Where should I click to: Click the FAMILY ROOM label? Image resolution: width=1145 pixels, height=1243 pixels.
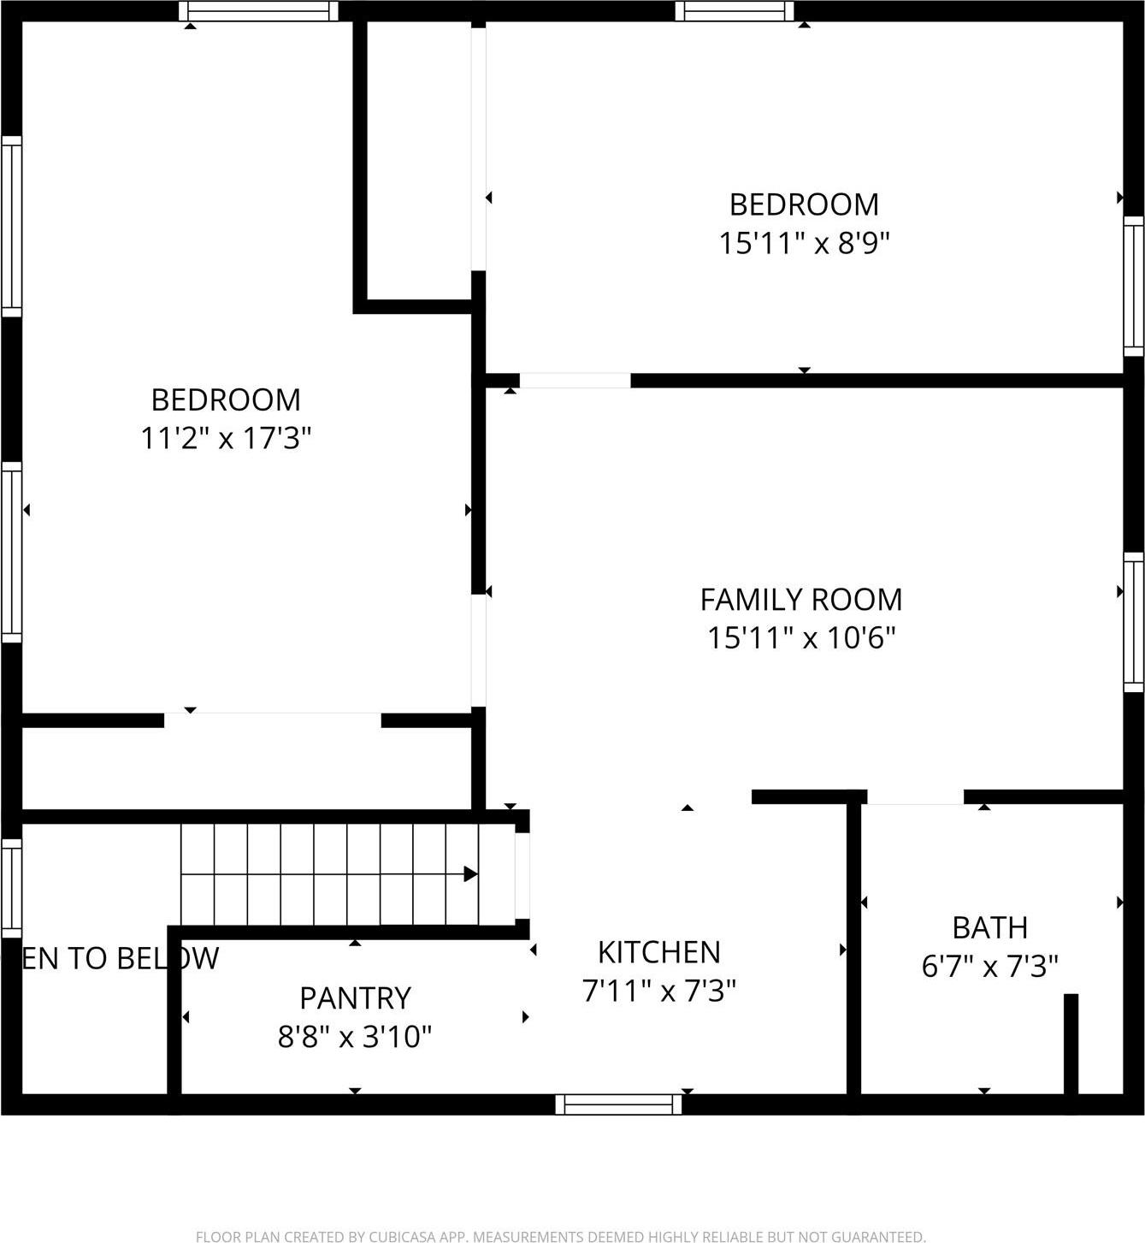pos(801,600)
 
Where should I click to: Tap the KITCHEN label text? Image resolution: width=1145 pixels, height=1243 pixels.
pos(658,952)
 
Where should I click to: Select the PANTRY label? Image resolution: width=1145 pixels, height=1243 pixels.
pos(355,998)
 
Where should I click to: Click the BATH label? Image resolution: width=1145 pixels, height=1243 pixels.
pos(989,927)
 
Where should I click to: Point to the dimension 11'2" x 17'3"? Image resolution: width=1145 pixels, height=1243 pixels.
pos(226,439)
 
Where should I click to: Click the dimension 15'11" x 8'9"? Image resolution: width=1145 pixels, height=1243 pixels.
pos(804,244)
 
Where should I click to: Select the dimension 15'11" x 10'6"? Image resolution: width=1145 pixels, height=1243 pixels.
pos(801,638)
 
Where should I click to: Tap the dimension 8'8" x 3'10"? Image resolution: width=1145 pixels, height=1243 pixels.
pos(355,1037)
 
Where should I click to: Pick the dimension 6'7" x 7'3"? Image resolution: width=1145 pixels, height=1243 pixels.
pos(989,967)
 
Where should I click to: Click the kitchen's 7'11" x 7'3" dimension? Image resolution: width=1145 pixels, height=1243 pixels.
pos(658,991)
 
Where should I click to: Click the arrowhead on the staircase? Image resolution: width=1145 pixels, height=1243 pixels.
pos(470,874)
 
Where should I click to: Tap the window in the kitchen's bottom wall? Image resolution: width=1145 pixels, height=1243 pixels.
pos(618,1104)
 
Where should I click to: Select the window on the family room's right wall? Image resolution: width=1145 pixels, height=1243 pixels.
pos(1133,622)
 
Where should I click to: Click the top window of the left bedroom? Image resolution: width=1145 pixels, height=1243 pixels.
pos(258,11)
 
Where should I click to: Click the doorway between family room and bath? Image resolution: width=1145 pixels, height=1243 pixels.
pos(916,797)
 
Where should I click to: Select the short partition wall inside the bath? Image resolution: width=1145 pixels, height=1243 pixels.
pos(1071,1044)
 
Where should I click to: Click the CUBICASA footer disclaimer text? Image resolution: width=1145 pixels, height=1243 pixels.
pos(561,1236)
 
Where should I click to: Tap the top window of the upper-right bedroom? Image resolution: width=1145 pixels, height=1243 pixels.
pos(734,11)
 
